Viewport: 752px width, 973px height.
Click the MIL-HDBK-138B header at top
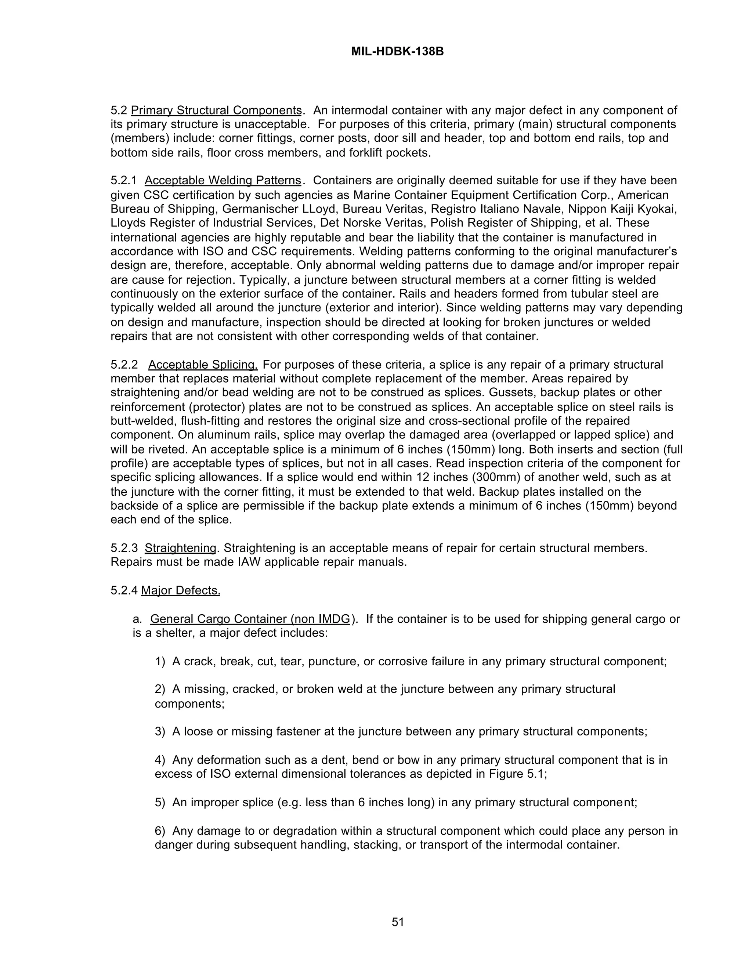(397, 52)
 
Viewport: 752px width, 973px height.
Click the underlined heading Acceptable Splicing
(203, 365)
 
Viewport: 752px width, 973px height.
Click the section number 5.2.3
(124, 547)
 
